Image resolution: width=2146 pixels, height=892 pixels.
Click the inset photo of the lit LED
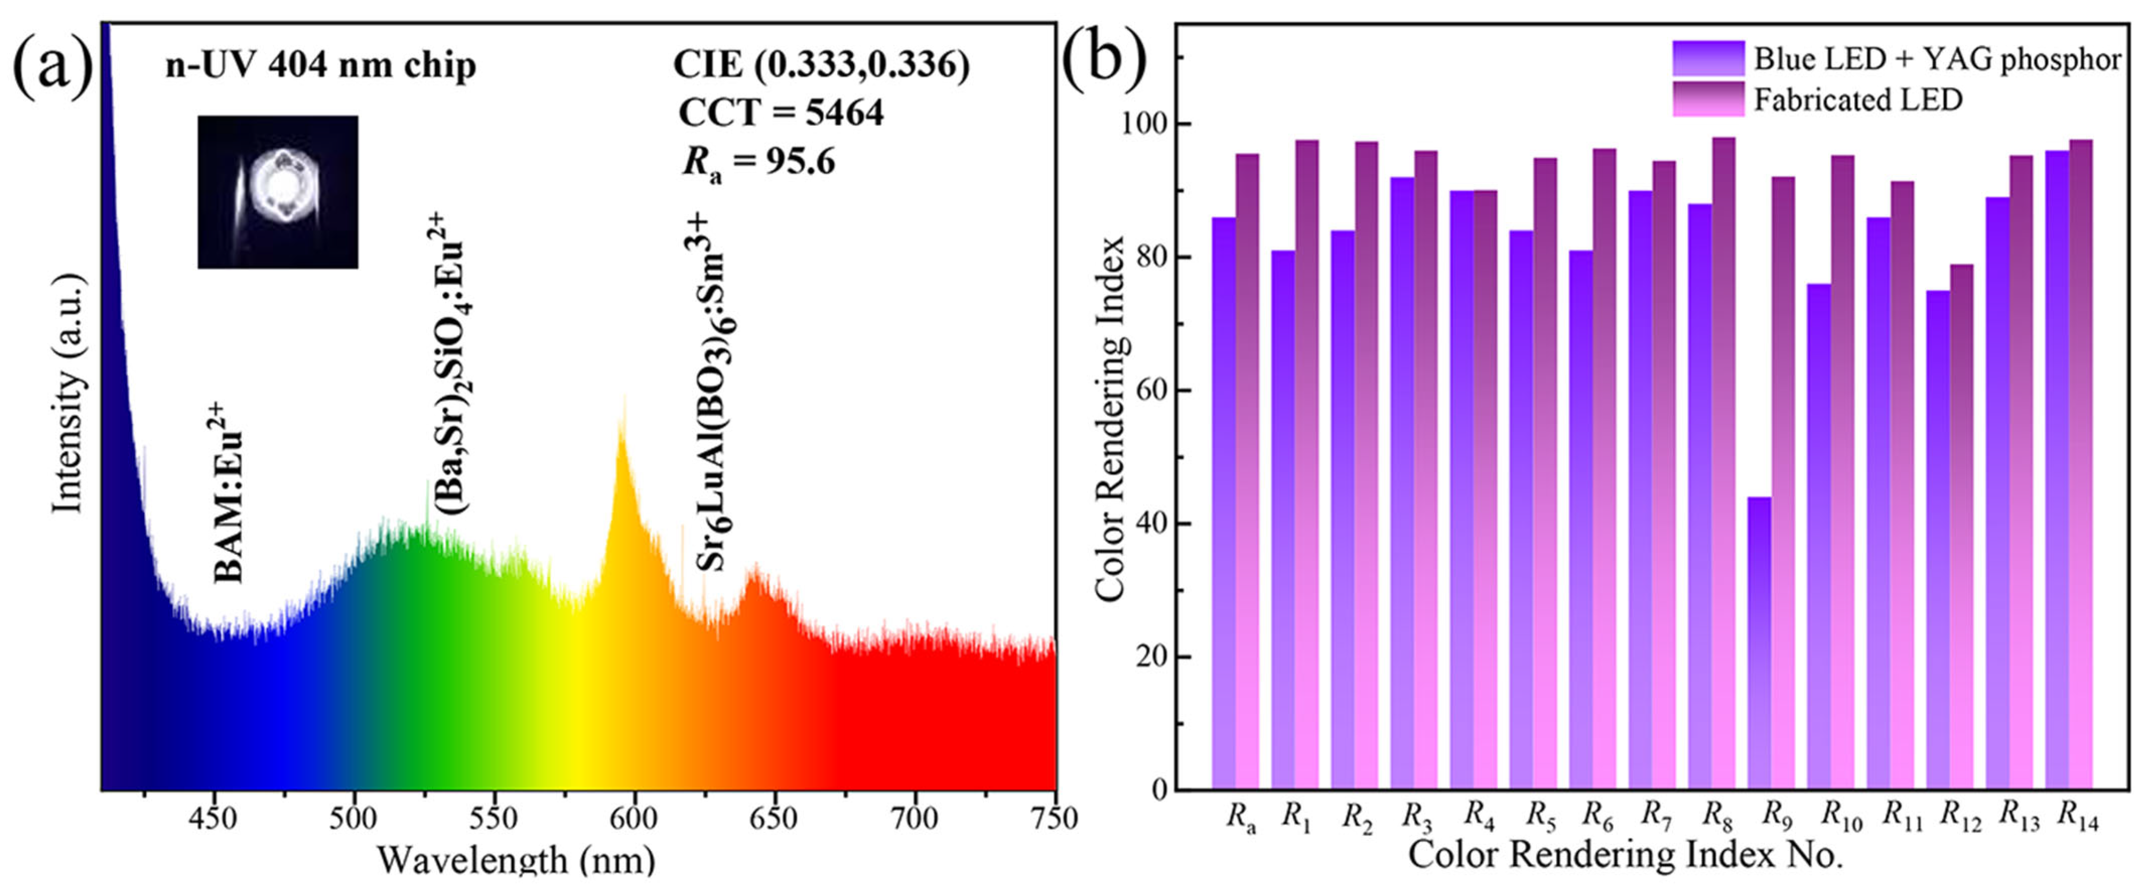(x=277, y=192)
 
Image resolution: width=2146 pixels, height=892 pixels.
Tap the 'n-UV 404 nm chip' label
(x=321, y=65)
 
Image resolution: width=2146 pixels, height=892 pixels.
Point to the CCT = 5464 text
(x=780, y=112)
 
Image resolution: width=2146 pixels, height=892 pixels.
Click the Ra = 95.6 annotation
(x=758, y=161)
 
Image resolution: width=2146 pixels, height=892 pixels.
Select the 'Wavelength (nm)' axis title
(x=517, y=859)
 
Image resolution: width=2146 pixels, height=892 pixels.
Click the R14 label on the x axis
(x=2078, y=817)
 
